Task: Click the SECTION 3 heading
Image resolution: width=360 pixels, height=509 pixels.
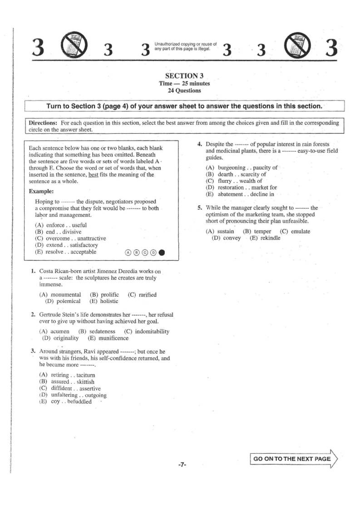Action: (182, 76)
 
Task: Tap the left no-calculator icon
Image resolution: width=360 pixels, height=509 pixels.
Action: (71, 44)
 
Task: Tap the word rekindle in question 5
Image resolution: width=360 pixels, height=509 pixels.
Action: (271, 238)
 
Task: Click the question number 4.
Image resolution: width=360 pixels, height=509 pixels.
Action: (199, 144)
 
